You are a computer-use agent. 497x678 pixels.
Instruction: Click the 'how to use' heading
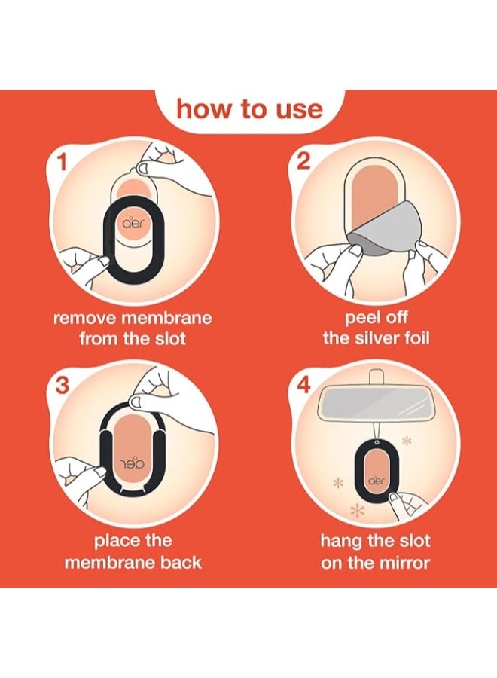[249, 108]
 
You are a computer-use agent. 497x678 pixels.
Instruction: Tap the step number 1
[63, 163]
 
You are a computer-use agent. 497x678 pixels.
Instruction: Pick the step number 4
[304, 385]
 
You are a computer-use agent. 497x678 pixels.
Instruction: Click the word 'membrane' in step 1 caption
[166, 318]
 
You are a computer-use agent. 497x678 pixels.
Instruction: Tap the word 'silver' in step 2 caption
[380, 337]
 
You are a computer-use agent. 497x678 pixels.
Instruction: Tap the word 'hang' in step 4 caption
[340, 542]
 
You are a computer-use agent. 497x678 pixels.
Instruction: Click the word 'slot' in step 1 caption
[170, 337]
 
